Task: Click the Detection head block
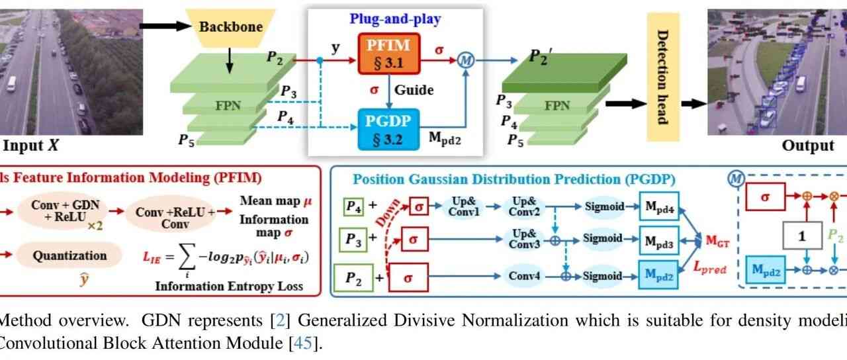coord(662,77)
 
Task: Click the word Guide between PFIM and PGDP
coord(414,89)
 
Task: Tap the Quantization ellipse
coord(69,255)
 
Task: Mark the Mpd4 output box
coord(660,206)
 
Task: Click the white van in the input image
coord(11,84)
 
